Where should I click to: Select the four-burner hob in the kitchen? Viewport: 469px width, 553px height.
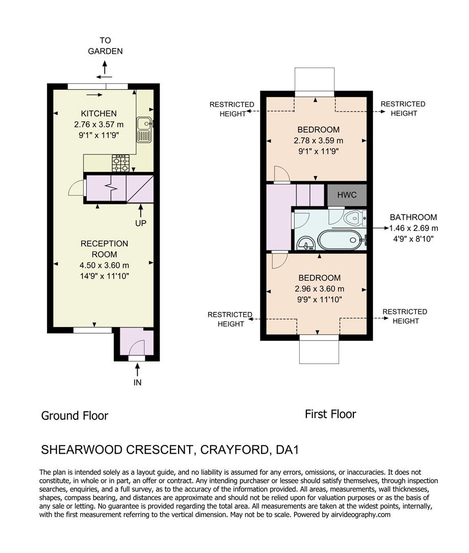[x=121, y=163]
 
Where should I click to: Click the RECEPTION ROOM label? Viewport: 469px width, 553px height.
[x=104, y=249]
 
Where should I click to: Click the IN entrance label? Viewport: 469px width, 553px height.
[x=137, y=382]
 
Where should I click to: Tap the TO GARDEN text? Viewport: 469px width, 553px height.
[x=105, y=46]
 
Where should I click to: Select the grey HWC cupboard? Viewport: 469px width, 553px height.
[x=346, y=195]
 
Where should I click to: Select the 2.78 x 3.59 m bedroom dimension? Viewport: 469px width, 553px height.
[x=319, y=140]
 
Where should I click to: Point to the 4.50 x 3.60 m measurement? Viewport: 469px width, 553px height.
[x=104, y=265]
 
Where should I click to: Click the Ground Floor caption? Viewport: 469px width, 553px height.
[x=75, y=415]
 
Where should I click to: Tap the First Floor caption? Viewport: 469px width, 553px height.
[x=330, y=414]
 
